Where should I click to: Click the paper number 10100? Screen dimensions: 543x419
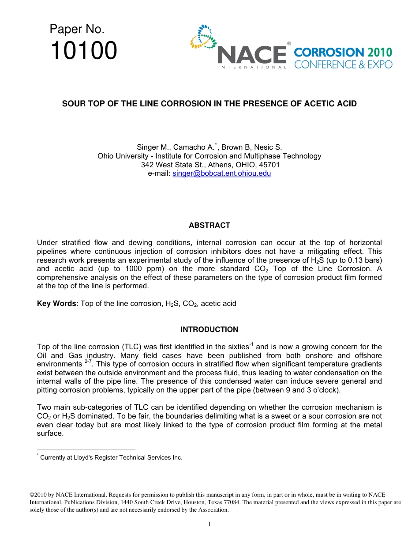click(x=83, y=51)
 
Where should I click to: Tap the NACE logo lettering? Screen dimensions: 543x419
click(x=252, y=55)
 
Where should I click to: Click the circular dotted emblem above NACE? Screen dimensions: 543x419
click(x=203, y=36)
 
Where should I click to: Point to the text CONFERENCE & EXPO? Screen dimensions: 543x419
click(x=343, y=64)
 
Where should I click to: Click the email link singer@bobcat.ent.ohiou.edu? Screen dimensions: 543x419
click(x=221, y=173)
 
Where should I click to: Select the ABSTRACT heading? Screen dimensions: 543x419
click(x=209, y=225)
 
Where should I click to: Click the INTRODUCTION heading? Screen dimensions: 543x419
click(x=209, y=329)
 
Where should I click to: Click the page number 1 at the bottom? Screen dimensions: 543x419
click(x=209, y=524)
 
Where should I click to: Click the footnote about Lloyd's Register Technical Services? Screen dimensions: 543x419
click(x=110, y=457)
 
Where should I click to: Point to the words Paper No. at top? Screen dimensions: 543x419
click(x=77, y=30)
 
